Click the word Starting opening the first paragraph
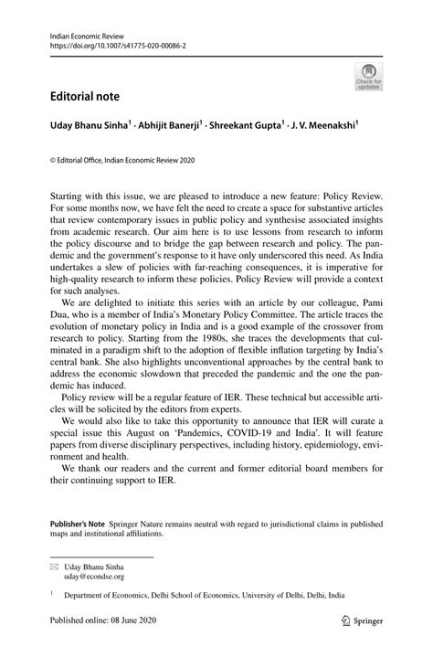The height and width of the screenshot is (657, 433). click(x=76, y=196)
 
